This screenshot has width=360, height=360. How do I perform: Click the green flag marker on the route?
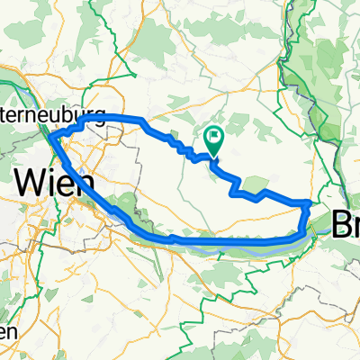214,139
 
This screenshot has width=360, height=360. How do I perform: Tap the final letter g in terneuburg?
100,117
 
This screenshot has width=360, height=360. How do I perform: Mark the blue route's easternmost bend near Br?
310,204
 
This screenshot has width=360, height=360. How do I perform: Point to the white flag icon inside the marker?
214,137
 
